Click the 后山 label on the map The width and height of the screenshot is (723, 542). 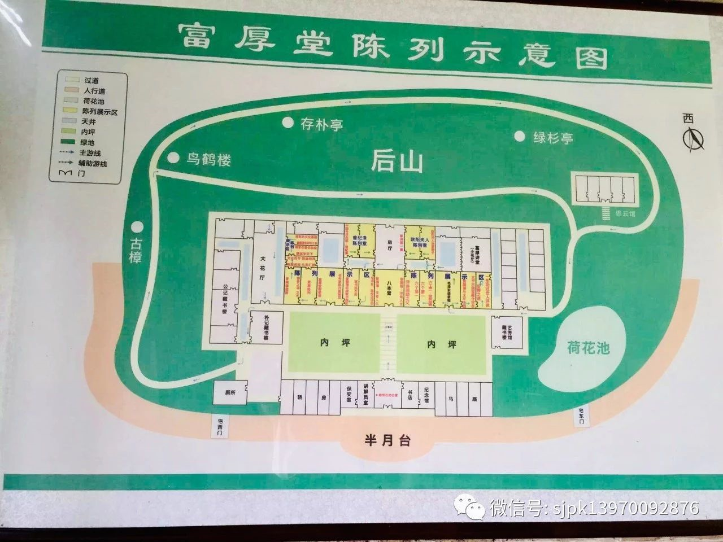click(x=397, y=162)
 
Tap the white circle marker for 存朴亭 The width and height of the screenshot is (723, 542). click(x=288, y=123)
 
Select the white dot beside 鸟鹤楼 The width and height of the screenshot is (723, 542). click(x=173, y=159)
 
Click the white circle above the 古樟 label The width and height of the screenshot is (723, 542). click(x=137, y=227)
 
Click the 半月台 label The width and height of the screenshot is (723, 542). click(x=387, y=441)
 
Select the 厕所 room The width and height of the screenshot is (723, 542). click(x=230, y=392)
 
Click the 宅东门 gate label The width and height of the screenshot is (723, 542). click(x=582, y=416)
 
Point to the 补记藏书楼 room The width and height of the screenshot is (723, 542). click(x=266, y=326)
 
